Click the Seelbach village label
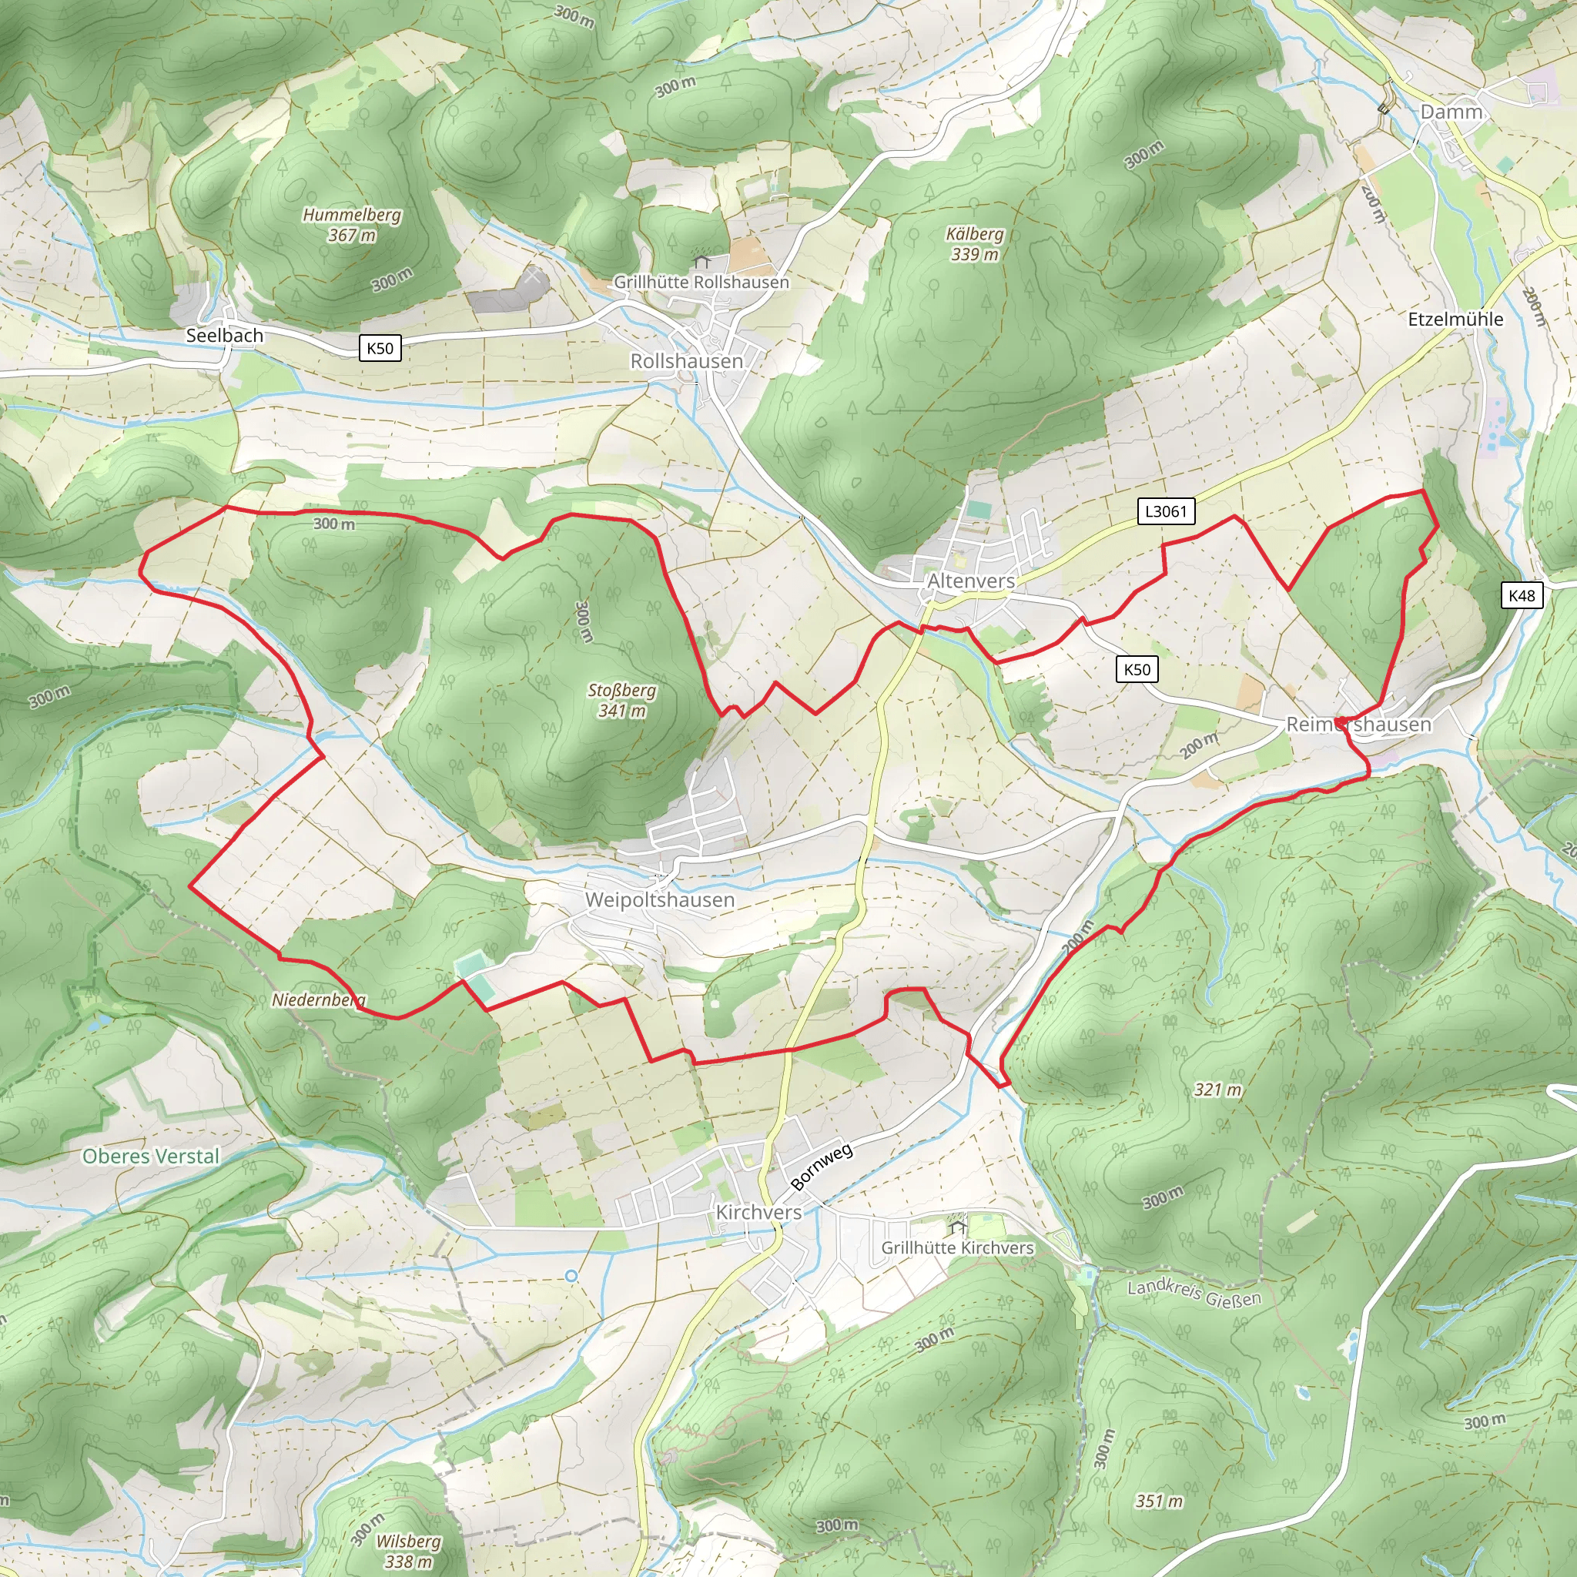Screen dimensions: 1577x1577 point(225,336)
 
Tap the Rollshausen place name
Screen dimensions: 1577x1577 point(686,361)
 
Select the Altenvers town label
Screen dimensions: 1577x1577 point(971,581)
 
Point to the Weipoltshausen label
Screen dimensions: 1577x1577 point(660,899)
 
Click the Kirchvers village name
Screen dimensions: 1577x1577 point(758,1212)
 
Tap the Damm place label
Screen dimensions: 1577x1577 point(1451,112)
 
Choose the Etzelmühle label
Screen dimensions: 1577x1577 point(1455,319)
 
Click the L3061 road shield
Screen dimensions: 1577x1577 point(1166,512)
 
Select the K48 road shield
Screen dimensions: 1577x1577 point(1522,595)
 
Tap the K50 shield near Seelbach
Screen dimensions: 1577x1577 point(380,349)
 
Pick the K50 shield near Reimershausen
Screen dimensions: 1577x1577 point(1137,670)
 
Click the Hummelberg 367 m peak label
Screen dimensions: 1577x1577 point(352,225)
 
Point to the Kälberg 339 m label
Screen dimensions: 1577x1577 point(975,243)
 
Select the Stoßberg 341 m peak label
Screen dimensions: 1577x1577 point(622,701)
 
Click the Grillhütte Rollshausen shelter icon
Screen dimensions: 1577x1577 point(701,262)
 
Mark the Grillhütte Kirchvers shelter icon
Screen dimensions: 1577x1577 point(957,1227)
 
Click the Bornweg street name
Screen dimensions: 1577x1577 point(822,1167)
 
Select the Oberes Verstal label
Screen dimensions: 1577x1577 point(151,1156)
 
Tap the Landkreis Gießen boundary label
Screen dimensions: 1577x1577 point(1194,1292)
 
